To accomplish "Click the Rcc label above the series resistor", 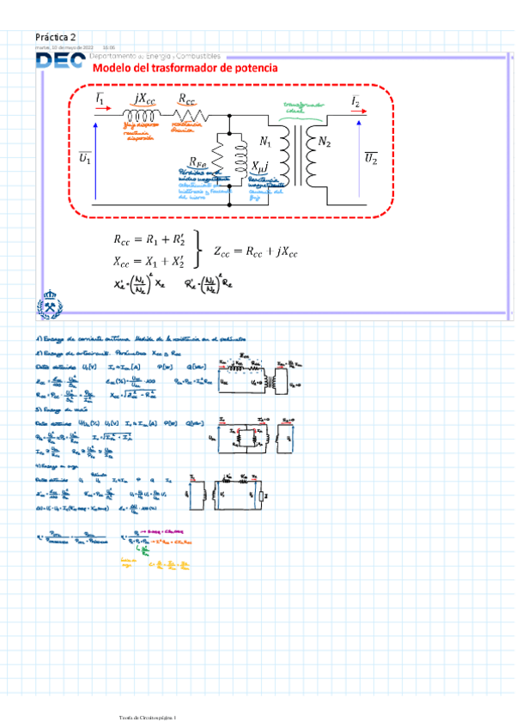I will point(187,100).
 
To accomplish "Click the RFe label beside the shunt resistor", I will point(197,161).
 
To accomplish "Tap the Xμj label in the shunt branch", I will point(259,166).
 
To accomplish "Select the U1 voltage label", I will point(85,159).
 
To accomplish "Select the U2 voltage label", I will point(370,159).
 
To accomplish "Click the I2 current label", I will point(355,100).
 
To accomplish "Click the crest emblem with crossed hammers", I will point(49,305).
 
